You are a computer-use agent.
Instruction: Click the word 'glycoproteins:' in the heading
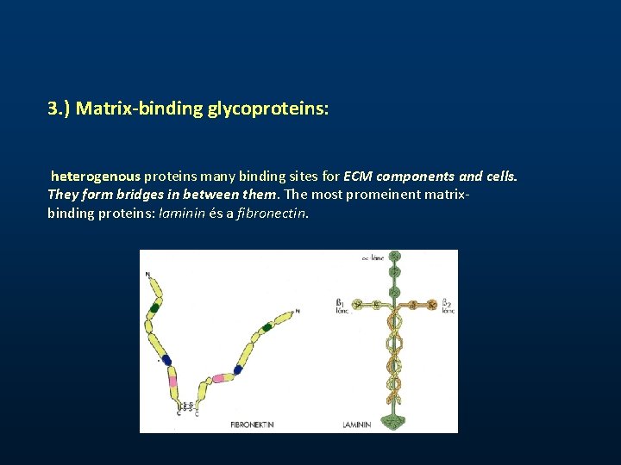268,110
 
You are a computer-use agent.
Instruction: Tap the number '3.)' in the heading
60,110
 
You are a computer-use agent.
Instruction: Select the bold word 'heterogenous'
95,177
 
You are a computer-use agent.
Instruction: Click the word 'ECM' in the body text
358,177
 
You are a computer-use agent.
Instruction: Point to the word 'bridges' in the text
136,194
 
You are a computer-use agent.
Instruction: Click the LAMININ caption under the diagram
356,425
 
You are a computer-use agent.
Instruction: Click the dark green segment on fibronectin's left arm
155,307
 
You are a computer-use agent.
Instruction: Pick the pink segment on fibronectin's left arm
172,380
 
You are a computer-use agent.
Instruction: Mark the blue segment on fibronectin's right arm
238,369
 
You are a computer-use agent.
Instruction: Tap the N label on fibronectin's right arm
298,311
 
